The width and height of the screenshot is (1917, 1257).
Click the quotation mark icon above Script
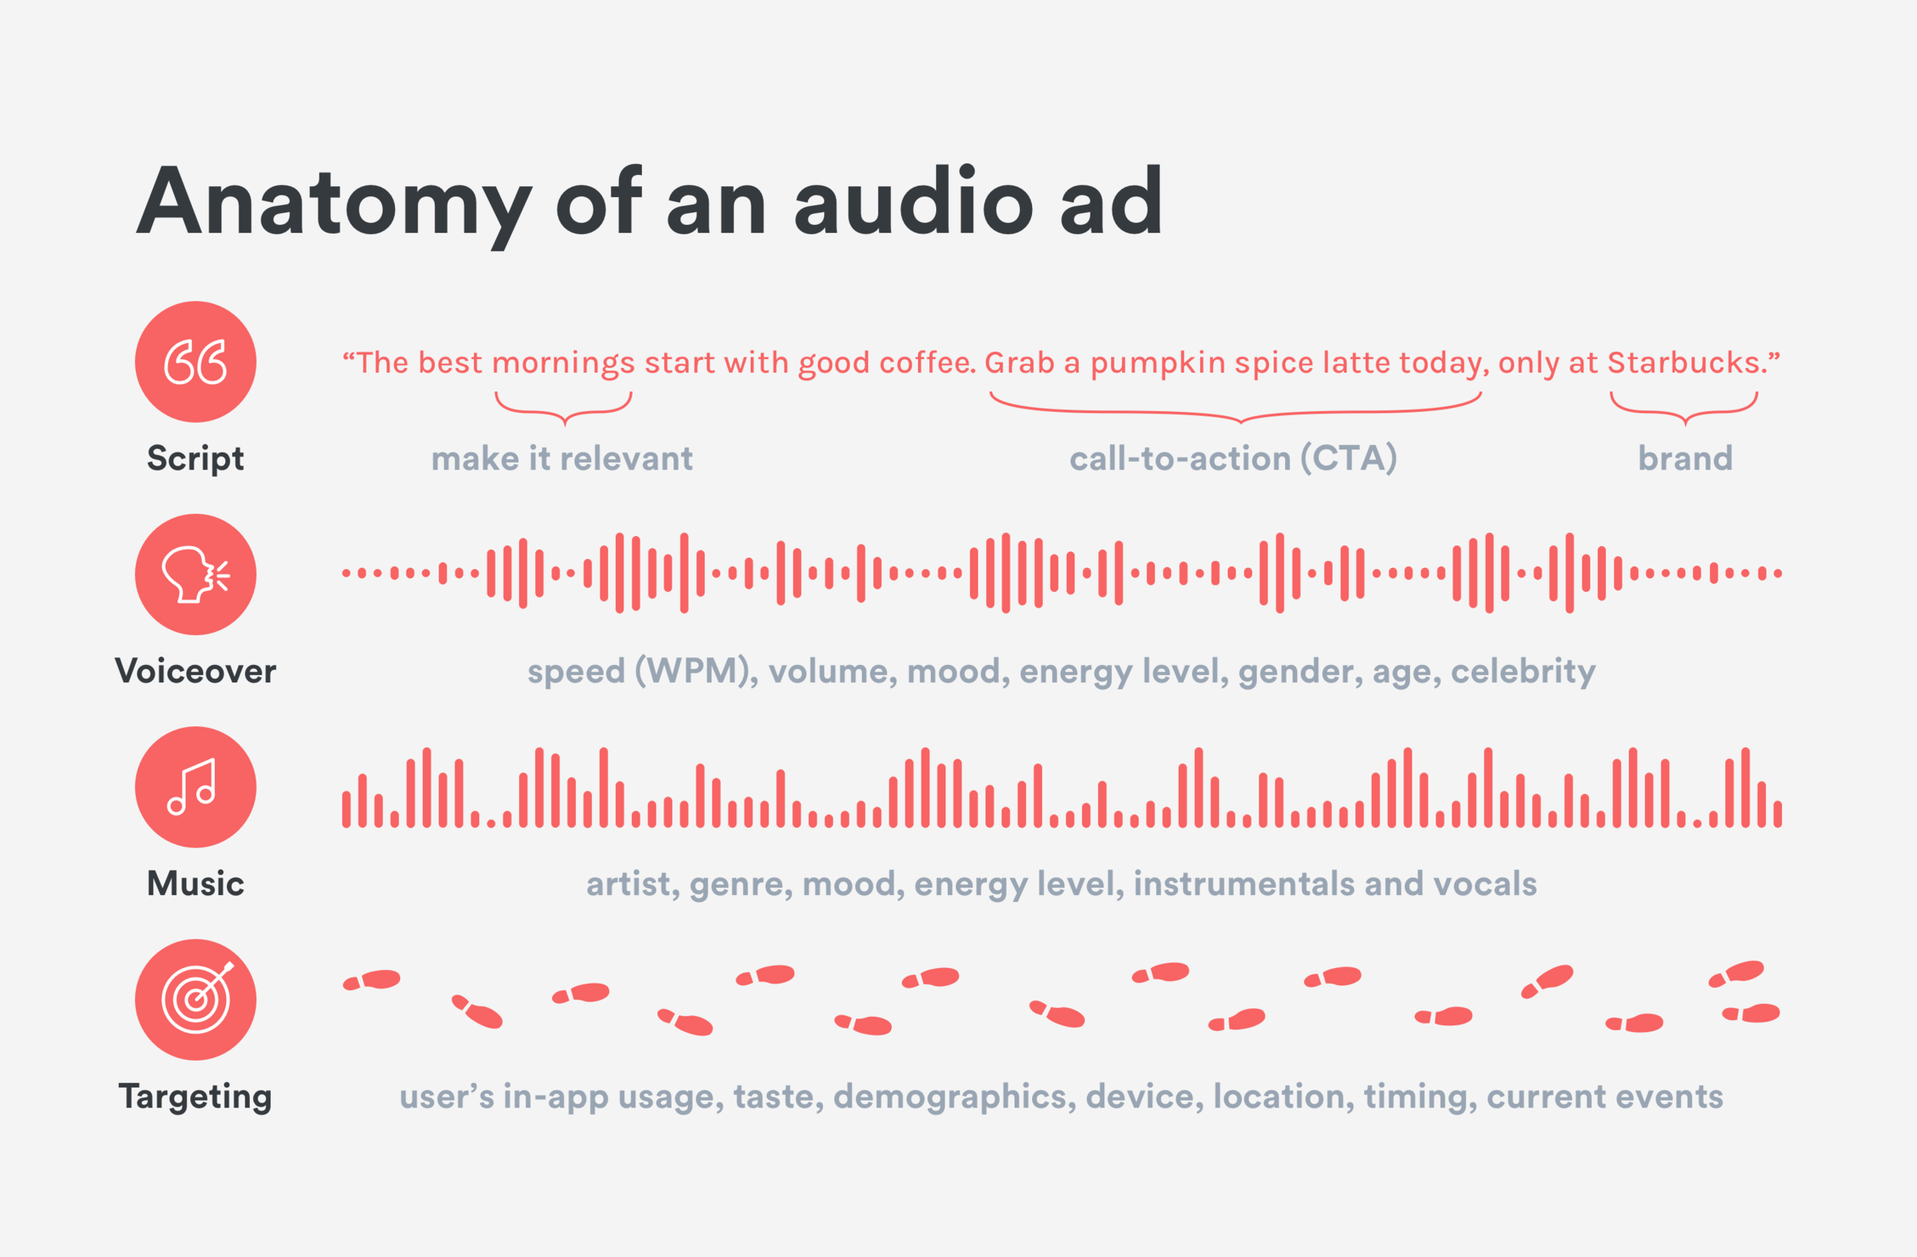click(x=196, y=362)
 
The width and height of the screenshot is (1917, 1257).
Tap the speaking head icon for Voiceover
click(x=196, y=574)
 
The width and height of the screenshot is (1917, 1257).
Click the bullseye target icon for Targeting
click(x=196, y=999)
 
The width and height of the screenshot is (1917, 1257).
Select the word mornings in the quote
click(x=563, y=364)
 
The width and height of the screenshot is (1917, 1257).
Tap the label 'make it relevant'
click(x=561, y=459)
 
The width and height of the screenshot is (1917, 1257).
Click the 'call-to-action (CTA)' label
click(x=1232, y=459)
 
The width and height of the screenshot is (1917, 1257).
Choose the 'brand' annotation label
click(x=1685, y=459)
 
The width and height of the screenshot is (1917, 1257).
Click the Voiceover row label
click(x=196, y=671)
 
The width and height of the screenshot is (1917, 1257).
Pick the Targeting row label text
click(x=196, y=1097)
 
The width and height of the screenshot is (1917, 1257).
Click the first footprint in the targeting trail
click(x=372, y=980)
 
